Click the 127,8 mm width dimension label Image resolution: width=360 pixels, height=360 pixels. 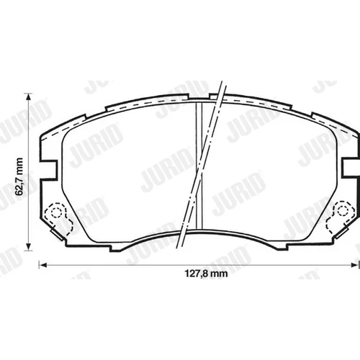point(206,274)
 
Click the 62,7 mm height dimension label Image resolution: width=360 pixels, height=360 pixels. point(19,176)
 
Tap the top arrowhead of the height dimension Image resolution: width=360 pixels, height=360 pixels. point(29,96)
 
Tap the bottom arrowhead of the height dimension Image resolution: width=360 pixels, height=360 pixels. point(29,247)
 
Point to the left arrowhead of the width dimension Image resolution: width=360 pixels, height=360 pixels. point(42,265)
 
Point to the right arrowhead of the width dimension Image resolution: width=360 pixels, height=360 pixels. point(355,265)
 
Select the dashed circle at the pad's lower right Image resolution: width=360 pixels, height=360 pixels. point(343,210)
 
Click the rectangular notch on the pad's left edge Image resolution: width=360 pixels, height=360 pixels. point(49,169)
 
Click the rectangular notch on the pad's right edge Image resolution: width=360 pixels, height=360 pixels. point(351,167)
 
